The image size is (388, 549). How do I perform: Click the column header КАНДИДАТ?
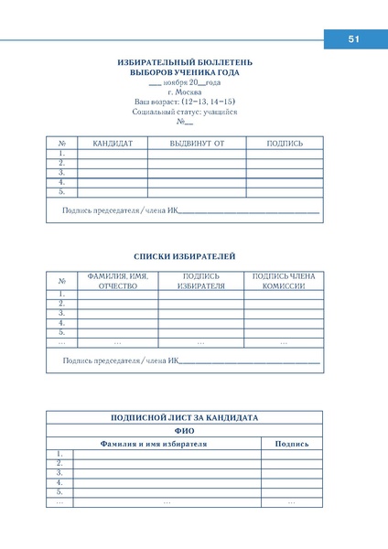(x=113, y=144)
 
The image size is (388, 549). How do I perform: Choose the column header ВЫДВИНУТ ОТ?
(x=197, y=144)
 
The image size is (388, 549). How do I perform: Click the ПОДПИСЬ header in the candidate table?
(x=285, y=144)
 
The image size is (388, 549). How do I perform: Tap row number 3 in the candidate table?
(x=61, y=173)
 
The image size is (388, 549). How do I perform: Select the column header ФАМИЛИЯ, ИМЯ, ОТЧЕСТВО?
(x=118, y=281)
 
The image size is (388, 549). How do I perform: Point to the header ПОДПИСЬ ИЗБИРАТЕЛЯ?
(x=201, y=281)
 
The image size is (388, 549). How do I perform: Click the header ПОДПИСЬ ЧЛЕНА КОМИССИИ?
(x=283, y=281)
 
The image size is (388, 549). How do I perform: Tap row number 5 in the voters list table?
(x=61, y=333)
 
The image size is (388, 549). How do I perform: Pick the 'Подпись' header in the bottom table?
(x=292, y=444)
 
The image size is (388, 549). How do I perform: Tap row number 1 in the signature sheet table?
(x=59, y=454)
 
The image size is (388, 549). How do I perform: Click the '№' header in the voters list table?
(x=61, y=281)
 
